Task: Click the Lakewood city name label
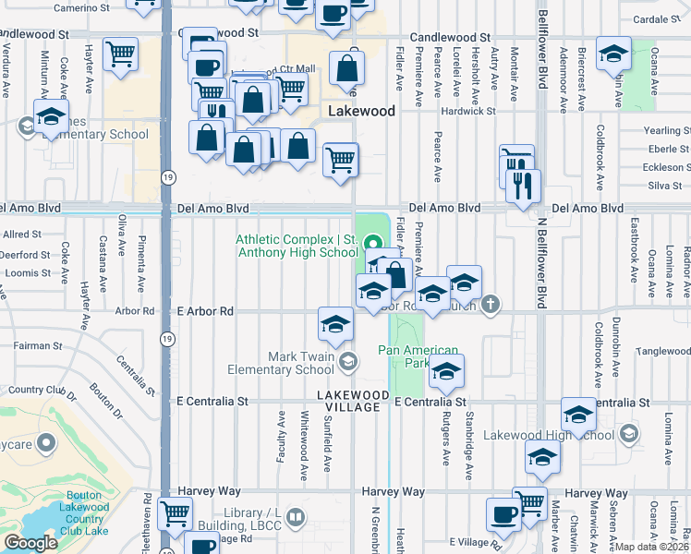[x=362, y=111]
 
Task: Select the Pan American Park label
[x=418, y=357]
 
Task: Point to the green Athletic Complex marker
[x=374, y=245]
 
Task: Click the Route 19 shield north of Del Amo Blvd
[x=167, y=175]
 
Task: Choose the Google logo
[x=30, y=543]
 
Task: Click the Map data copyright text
[x=650, y=547]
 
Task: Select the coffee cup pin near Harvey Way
[x=503, y=514]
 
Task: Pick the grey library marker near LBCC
[x=295, y=516]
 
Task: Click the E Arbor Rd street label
[x=204, y=312]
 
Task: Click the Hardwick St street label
[x=468, y=111]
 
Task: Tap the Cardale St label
[x=662, y=18]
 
